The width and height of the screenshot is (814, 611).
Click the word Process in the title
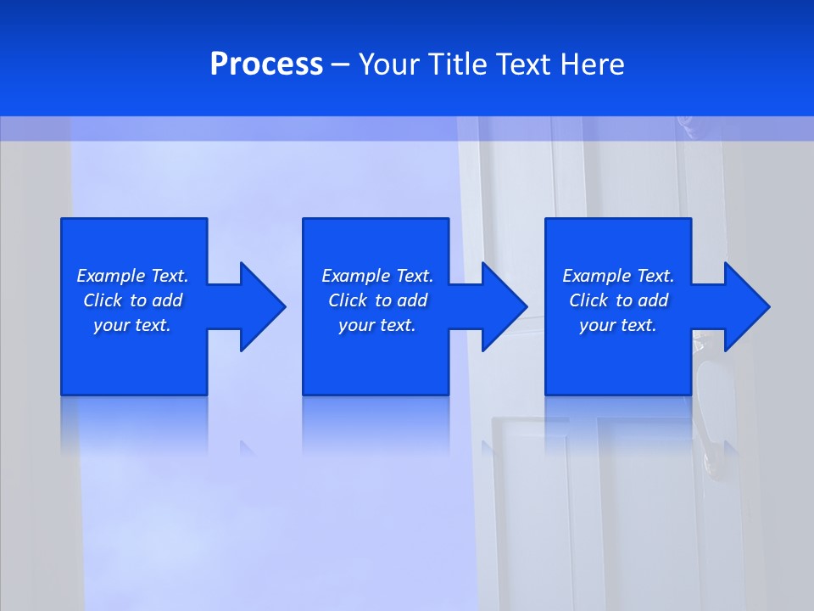click(266, 64)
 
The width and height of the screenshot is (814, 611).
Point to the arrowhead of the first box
click(262, 306)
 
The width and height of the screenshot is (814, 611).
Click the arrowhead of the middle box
click(504, 306)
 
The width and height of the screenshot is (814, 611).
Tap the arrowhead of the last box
click(746, 306)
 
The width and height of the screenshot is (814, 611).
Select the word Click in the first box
click(103, 300)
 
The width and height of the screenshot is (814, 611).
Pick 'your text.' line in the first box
click(132, 325)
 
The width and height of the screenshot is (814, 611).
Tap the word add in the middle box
click(412, 300)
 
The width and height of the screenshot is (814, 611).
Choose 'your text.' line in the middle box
click(377, 325)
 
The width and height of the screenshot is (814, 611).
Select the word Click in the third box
click(588, 300)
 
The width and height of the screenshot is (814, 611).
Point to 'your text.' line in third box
click(618, 325)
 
